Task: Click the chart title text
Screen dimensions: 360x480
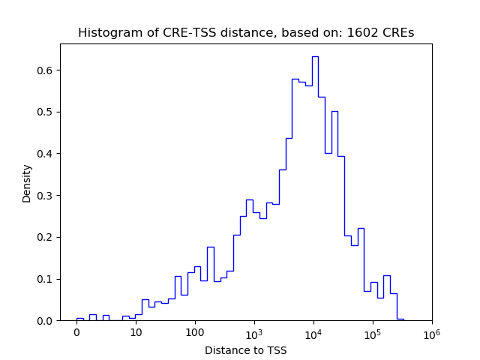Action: point(246,33)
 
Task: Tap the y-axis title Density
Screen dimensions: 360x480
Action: point(27,182)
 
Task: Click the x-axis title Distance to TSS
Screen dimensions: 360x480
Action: point(246,349)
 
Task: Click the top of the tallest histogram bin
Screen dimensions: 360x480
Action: point(315,56)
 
